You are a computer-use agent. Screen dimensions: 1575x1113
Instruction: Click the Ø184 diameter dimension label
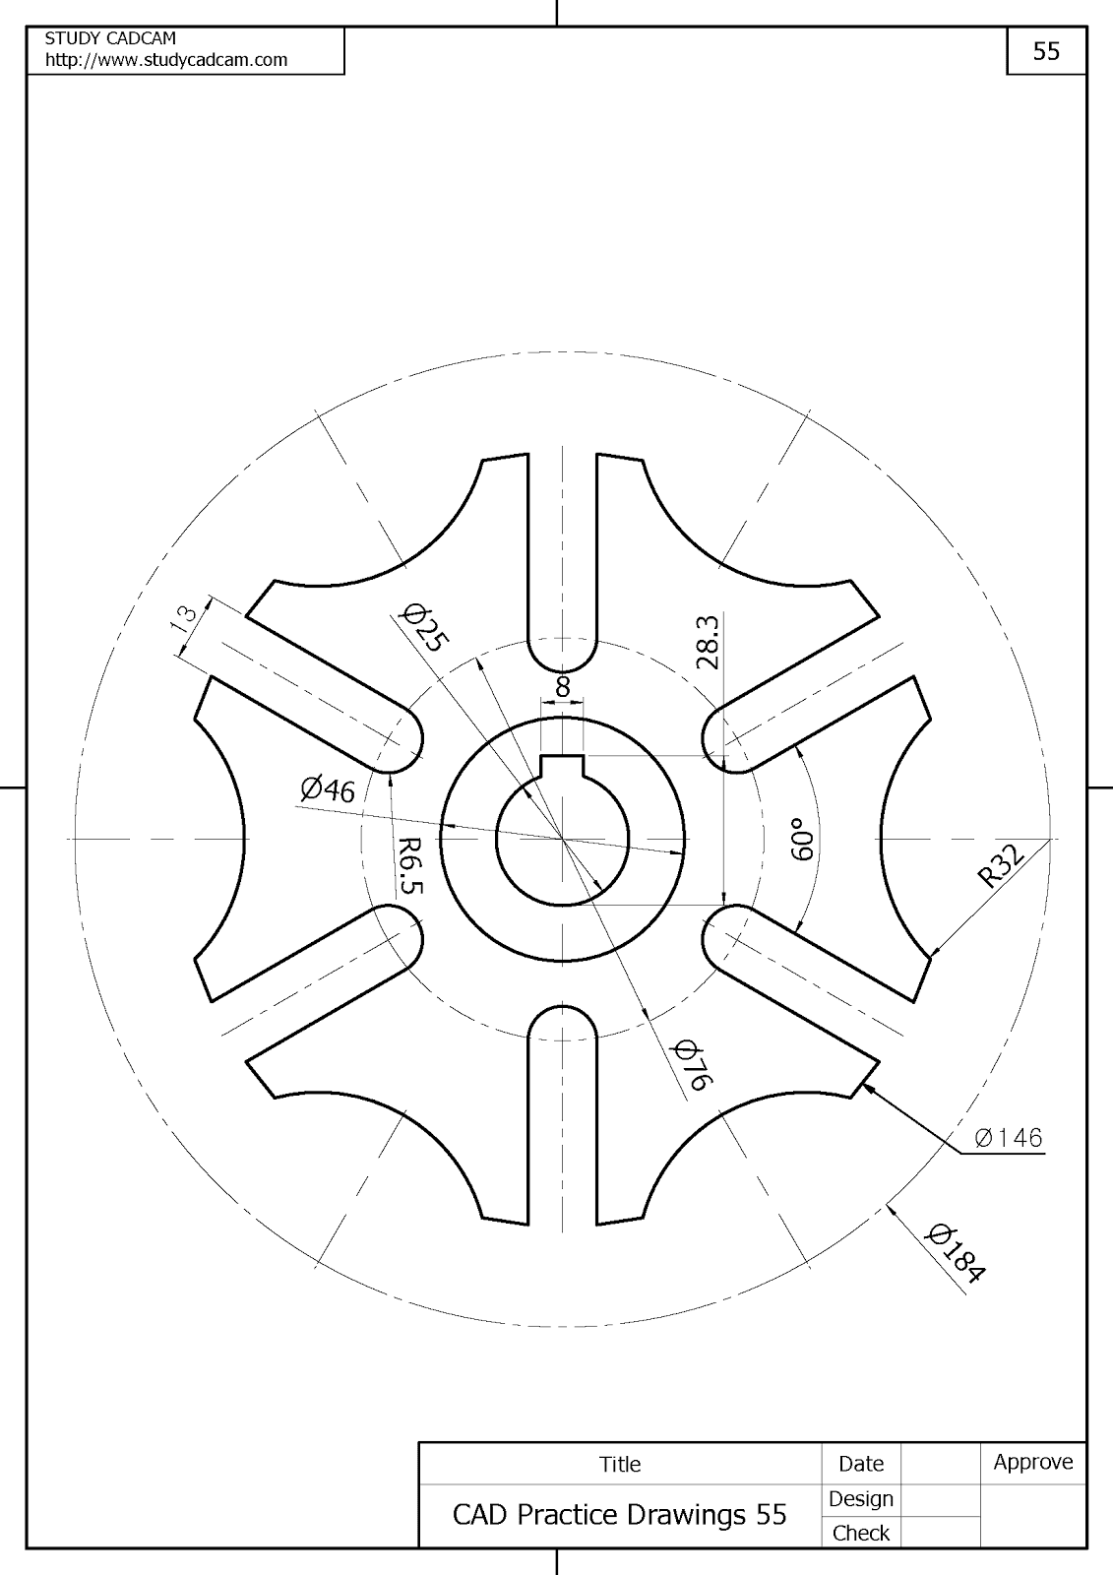click(x=956, y=1252)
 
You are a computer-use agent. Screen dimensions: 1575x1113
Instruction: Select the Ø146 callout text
click(x=1008, y=1138)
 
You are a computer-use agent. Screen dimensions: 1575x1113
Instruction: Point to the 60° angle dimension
click(x=802, y=839)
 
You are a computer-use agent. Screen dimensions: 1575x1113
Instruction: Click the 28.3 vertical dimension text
click(x=708, y=642)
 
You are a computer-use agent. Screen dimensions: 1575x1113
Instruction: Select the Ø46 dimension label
click(x=328, y=788)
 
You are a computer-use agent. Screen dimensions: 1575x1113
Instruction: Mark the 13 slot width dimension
click(x=184, y=617)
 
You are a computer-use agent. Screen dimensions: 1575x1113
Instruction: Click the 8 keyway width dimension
click(x=563, y=687)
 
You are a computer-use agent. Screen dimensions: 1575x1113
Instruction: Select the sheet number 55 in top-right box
click(x=1046, y=51)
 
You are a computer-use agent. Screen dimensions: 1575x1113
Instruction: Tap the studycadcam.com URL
click(x=166, y=60)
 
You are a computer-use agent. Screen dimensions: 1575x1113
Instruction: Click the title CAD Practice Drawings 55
click(x=619, y=1514)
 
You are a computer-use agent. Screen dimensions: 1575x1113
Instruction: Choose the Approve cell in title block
click(x=1032, y=1462)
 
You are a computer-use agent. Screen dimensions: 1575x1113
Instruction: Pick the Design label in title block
click(x=860, y=1498)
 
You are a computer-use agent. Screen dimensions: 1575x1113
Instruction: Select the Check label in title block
click(x=860, y=1533)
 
